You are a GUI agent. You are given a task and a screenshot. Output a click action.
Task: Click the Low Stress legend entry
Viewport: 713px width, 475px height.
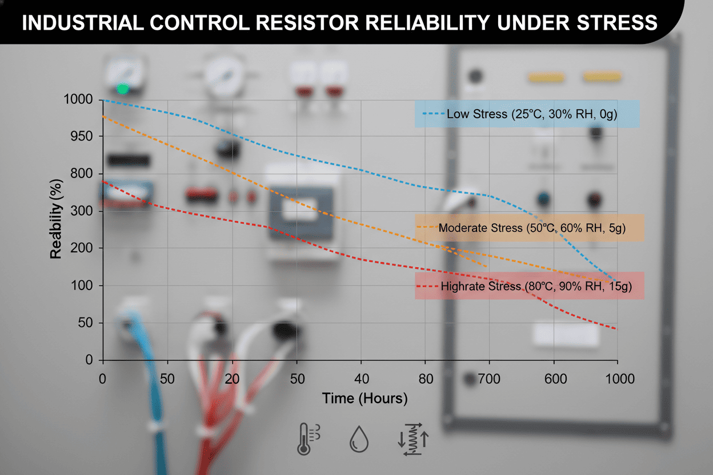526,114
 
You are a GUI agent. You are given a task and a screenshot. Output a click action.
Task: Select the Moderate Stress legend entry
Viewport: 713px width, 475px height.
529,228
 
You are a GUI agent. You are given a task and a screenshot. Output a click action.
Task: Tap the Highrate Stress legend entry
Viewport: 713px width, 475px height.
529,286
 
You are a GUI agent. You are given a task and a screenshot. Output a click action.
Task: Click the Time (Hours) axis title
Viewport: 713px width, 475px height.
364,398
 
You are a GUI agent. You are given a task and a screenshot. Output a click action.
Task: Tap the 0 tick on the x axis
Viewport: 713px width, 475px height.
103,379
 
